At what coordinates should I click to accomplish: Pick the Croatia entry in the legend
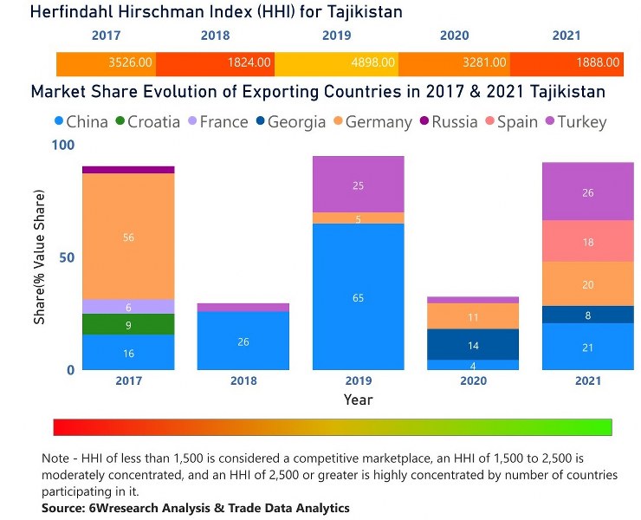coord(146,122)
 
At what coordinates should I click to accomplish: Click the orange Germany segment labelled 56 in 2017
coord(128,237)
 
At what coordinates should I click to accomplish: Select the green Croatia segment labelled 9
coord(128,324)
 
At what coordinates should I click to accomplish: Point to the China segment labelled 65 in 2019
coord(358,297)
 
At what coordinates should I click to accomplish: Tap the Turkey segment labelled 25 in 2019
coord(358,185)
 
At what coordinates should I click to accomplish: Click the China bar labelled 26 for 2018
coord(243,341)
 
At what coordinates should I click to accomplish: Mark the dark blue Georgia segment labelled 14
coord(473,344)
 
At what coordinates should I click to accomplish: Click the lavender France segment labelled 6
coord(128,306)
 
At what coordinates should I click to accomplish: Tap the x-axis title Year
coord(358,400)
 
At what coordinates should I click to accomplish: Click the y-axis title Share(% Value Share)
coord(39,257)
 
